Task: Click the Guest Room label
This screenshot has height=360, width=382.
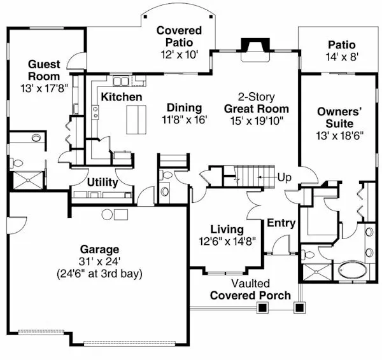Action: (43, 69)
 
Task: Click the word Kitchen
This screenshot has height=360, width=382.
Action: (121, 97)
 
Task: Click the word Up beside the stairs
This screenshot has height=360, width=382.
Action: (284, 177)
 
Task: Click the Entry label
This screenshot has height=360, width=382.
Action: (281, 223)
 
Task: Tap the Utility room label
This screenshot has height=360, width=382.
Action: (102, 183)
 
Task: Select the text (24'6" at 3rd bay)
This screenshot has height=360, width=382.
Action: (99, 274)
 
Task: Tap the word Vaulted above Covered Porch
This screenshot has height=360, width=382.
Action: (250, 284)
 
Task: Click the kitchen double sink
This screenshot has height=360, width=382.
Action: (120, 81)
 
